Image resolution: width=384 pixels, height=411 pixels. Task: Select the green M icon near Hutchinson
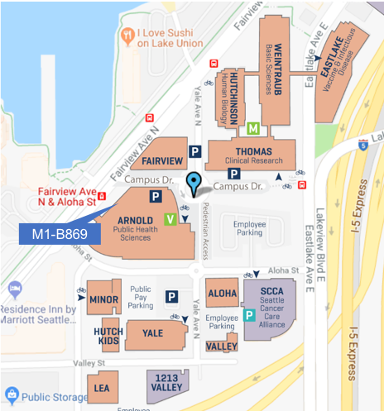coord(253,129)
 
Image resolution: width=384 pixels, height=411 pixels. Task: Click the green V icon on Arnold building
coord(170,219)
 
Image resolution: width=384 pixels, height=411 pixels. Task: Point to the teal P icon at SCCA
coord(248,315)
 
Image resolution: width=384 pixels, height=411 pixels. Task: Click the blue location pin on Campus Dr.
coord(194,184)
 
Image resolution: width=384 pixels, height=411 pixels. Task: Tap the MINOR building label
coord(105,299)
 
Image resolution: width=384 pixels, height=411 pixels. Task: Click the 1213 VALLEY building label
coord(166,381)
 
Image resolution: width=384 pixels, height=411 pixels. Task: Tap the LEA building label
coord(102,387)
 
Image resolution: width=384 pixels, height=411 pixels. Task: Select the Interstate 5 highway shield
coord(363,145)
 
